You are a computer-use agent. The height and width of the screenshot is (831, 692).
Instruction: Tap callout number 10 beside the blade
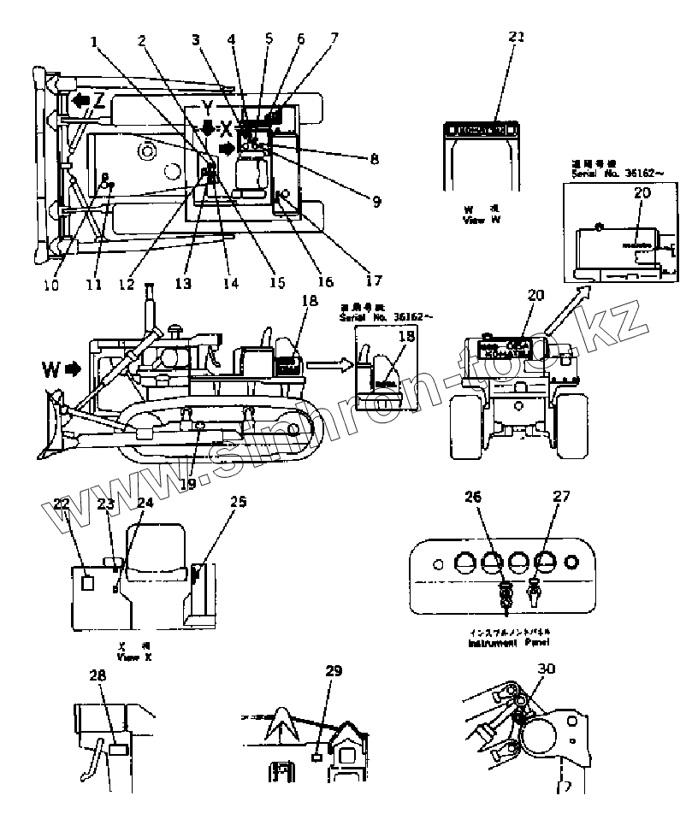coord(51,285)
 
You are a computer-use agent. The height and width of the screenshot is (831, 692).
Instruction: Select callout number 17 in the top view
coord(372,280)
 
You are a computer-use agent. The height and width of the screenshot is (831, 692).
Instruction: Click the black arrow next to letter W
coord(71,370)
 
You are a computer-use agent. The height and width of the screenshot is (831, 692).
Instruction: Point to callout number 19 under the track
coord(187,483)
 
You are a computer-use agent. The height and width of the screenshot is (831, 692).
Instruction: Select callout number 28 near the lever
coord(98,676)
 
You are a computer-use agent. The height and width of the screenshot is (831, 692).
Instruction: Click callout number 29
coord(334,671)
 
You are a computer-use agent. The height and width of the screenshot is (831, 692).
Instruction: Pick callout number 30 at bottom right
coord(545,669)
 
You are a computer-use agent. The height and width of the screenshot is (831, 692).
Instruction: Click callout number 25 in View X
coord(238,502)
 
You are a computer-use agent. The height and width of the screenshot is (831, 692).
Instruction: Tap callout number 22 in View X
coord(62,504)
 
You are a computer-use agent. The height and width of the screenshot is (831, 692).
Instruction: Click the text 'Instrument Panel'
coord(509,641)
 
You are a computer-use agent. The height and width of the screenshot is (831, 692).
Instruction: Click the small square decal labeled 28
coord(119,748)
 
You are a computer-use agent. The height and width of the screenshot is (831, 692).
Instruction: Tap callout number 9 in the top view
coord(376,202)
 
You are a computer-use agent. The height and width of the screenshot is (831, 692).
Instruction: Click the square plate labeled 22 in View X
coord(87,582)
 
